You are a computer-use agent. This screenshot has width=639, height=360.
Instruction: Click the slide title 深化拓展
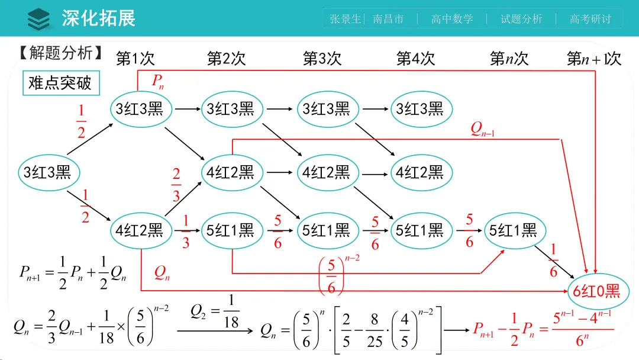tap(98, 18)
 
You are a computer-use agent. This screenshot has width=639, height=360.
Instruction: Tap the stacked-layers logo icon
tap(39, 18)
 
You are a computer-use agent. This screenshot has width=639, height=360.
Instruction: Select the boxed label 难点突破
tap(60, 83)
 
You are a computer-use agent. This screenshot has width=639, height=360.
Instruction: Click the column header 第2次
tap(226, 58)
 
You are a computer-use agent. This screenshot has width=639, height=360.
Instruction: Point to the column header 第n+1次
tap(593, 59)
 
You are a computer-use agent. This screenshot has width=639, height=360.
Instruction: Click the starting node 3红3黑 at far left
tap(47, 172)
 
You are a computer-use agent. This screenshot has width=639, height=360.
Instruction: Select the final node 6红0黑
tap(596, 291)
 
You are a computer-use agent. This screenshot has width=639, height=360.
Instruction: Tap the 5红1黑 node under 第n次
tap(513, 230)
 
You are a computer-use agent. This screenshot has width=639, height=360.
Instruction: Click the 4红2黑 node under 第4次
tap(419, 172)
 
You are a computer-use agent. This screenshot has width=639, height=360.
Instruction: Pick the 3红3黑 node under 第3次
tap(326, 109)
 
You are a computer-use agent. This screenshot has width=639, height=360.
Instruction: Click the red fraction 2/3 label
tap(176, 185)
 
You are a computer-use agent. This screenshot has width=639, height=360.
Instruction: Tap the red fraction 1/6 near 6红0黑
tap(553, 261)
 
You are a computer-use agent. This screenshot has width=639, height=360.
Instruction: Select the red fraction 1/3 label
tap(186, 232)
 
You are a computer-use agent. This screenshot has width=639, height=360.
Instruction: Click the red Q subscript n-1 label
tap(482, 129)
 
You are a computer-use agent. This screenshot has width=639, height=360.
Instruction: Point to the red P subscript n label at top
tap(157, 82)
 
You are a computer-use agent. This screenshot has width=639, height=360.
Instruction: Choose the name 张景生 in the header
tap(345, 19)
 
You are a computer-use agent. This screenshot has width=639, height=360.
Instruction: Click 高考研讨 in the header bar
tap(590, 19)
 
